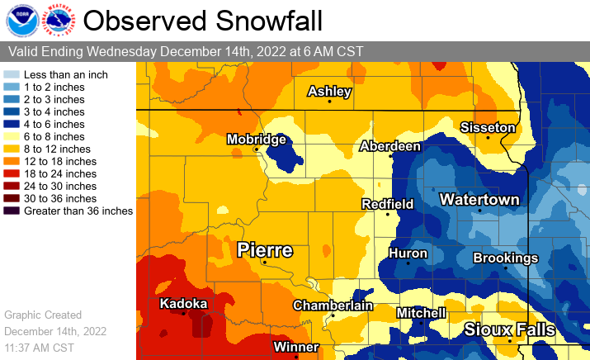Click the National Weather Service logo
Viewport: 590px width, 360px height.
click(57, 20)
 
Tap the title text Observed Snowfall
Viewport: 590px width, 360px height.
click(203, 20)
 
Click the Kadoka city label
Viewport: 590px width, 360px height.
click(183, 302)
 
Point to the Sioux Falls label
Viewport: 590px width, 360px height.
click(508, 329)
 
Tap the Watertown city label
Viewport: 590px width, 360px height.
click(479, 200)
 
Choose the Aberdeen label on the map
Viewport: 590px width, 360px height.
click(390, 146)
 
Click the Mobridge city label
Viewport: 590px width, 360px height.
click(256, 139)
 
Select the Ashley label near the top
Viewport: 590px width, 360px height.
click(329, 91)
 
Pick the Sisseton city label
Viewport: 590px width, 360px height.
click(488, 127)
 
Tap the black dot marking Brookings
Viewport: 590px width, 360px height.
click(505, 268)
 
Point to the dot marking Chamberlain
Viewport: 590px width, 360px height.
click(333, 316)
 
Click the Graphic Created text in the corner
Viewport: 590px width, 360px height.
click(43, 315)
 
